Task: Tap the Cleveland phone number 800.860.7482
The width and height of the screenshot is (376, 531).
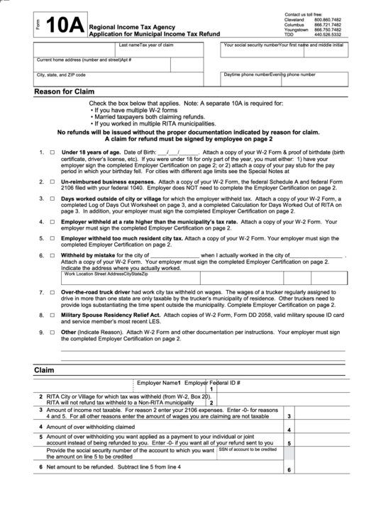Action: click(x=328, y=19)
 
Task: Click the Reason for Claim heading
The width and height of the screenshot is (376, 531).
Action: click(x=67, y=92)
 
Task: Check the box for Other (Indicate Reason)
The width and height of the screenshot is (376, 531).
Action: click(x=52, y=331)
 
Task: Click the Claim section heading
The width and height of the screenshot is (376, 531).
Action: click(x=44, y=370)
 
